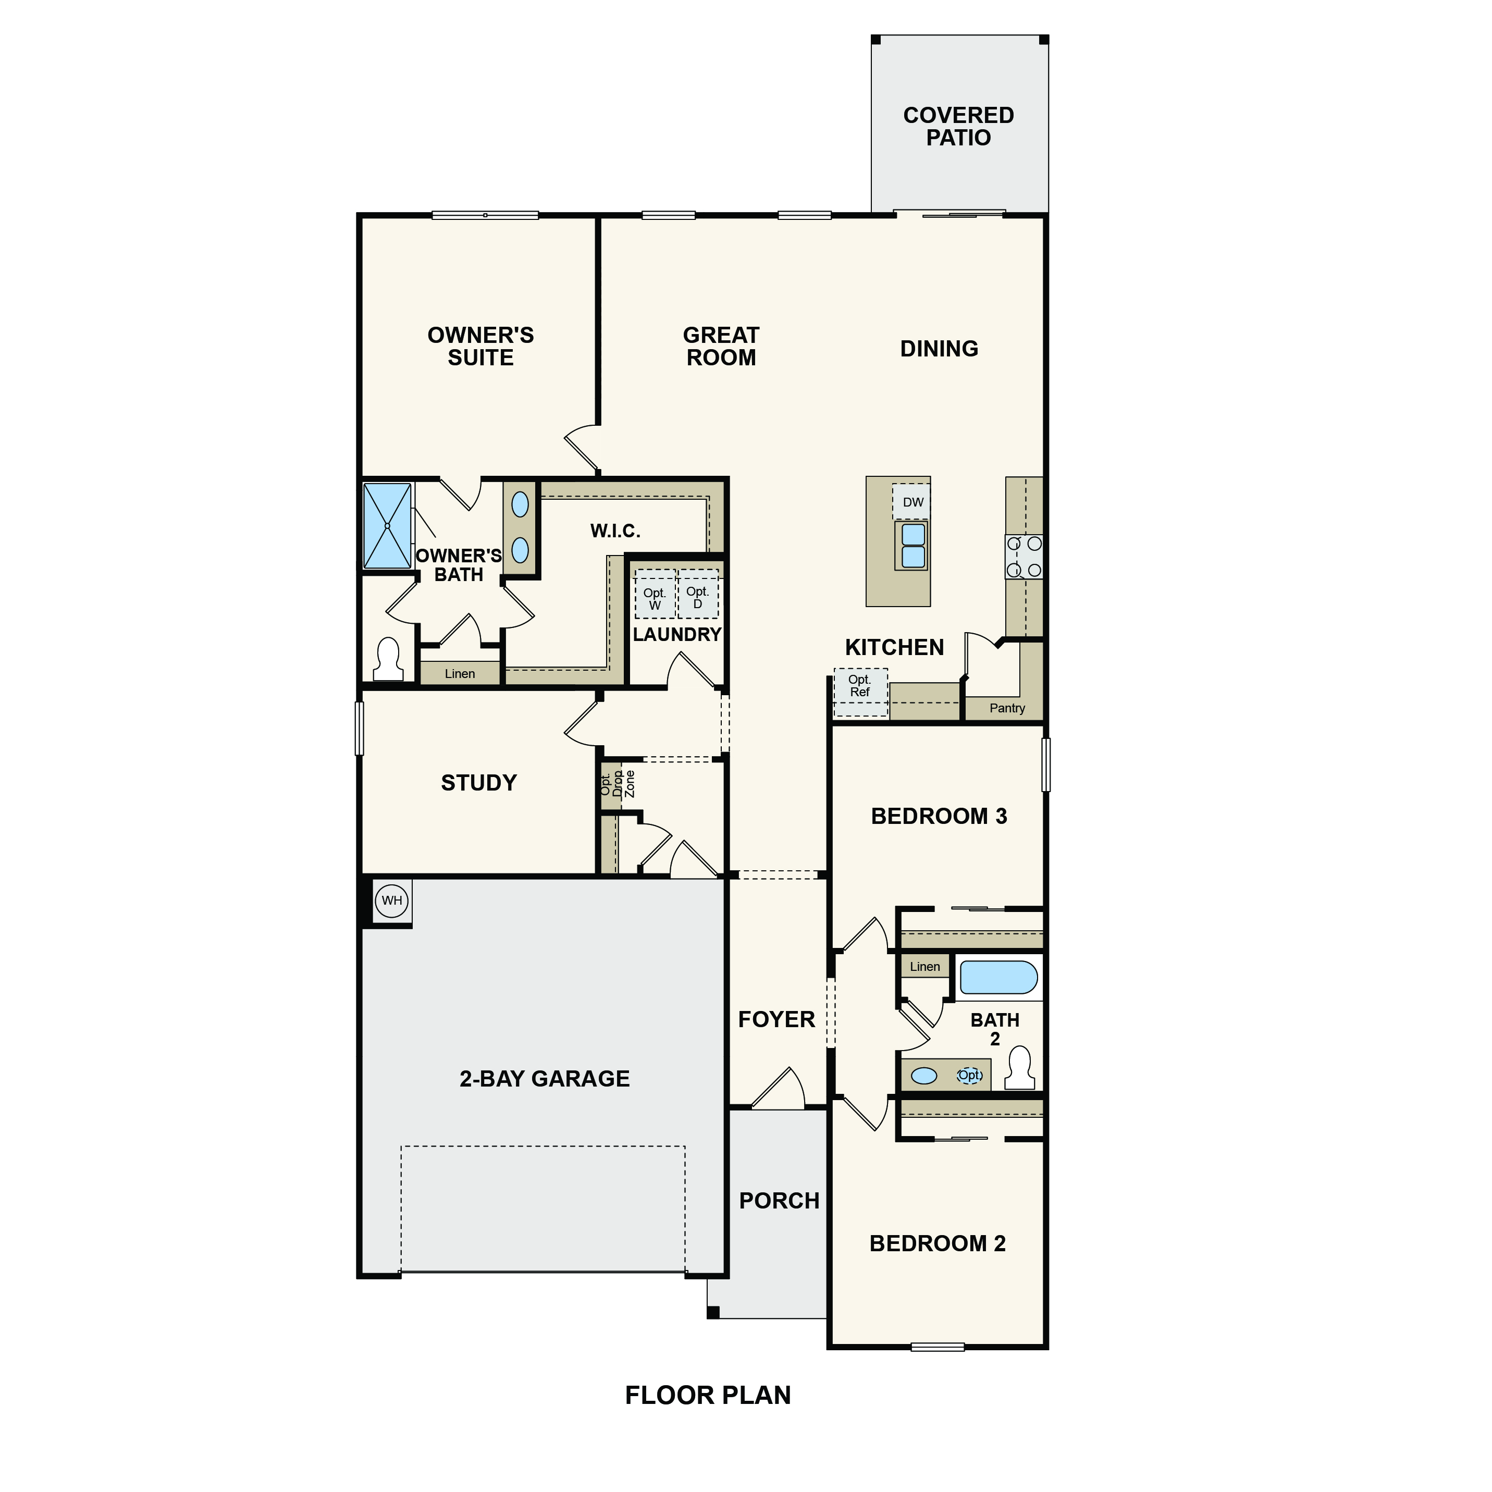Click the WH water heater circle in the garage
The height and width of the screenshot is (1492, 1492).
[391, 901]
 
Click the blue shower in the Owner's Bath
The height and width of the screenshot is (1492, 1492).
[387, 526]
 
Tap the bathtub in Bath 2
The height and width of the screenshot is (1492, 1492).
[998, 978]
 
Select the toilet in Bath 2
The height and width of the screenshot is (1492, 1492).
[1020, 1069]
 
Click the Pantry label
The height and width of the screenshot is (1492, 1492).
[1007, 708]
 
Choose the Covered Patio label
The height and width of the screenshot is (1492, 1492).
[958, 127]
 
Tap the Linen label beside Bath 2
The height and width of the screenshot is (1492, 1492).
[924, 967]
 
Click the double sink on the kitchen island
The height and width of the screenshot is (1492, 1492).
[913, 545]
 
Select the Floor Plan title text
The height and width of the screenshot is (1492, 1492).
[707, 1396]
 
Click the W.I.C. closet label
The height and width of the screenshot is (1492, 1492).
[615, 532]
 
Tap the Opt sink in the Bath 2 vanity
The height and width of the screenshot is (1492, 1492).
[970, 1075]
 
